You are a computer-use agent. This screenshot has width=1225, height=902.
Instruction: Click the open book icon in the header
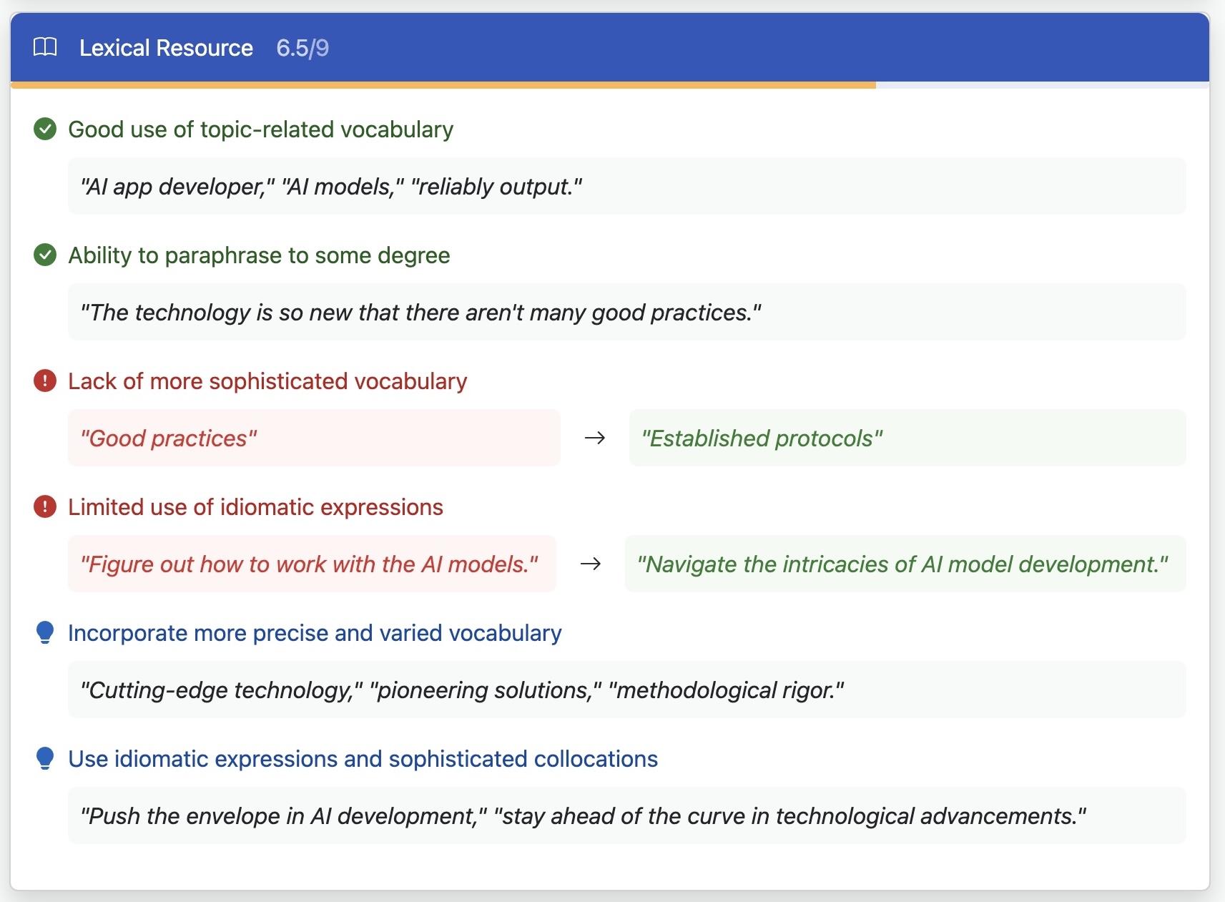click(x=45, y=47)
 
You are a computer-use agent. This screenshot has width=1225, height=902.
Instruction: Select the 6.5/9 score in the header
click(x=302, y=48)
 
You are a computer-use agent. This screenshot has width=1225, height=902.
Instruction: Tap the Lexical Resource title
click(x=166, y=48)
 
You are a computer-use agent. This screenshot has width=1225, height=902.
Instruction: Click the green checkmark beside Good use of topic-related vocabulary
click(x=45, y=129)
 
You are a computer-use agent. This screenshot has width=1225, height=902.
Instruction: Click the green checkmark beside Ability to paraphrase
click(x=45, y=255)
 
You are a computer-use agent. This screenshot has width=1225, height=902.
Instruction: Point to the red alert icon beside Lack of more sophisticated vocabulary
click(x=45, y=381)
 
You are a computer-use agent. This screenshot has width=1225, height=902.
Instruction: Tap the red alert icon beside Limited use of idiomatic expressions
click(x=45, y=506)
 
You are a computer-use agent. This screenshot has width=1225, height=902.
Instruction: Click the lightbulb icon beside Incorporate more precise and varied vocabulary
click(x=45, y=632)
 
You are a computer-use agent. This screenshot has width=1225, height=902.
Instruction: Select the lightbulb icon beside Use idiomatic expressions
click(x=45, y=758)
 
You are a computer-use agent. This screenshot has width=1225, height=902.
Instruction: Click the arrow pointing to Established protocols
click(x=594, y=438)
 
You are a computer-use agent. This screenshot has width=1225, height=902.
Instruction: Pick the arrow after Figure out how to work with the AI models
click(x=590, y=564)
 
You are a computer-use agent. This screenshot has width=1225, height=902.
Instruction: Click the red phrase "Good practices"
click(x=169, y=438)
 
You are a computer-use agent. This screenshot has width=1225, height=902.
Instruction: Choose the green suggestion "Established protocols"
click(x=762, y=438)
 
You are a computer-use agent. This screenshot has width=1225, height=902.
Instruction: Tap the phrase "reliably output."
click(x=496, y=187)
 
